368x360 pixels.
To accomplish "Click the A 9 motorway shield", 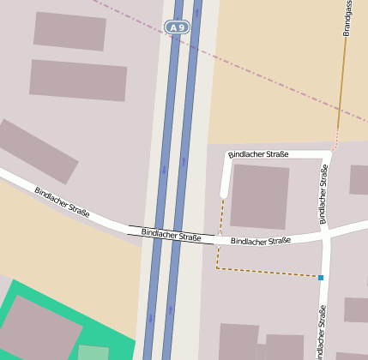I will [178, 28].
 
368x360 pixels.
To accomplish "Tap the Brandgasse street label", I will [347, 17].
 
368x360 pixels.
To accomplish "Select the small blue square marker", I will [321, 278].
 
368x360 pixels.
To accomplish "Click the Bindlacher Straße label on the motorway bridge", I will [171, 234].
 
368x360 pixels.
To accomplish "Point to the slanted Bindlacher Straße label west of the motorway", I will [62, 201].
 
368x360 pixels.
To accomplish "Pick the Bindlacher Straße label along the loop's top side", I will [258, 154].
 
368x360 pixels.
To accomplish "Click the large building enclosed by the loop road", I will [260, 196].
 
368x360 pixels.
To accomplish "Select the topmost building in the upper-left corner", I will [69, 31].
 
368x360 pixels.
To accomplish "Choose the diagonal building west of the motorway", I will [37, 151].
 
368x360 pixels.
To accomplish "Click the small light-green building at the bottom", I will [94, 352].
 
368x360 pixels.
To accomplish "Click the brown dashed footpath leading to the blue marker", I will [266, 272].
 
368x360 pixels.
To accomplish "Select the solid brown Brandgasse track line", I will [342, 86].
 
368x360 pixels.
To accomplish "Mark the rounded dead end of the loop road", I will [224, 193].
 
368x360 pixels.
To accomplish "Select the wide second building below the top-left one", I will [78, 80].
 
